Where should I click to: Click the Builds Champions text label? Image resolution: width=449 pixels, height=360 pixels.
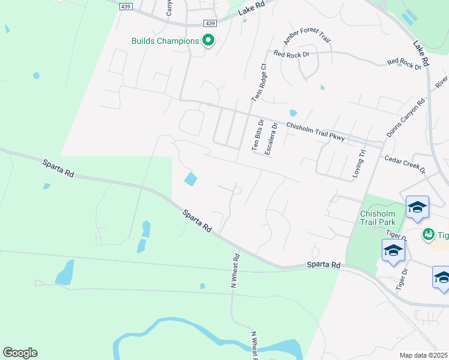[165, 41]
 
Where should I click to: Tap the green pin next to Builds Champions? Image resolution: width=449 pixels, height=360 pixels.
[208, 41]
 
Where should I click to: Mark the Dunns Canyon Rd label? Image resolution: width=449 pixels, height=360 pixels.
[406, 118]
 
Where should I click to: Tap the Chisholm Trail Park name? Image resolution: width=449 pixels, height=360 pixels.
[378, 218]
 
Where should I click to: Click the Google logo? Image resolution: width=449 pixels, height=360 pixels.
[20, 353]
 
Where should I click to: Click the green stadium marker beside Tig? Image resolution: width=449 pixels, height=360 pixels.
[429, 233]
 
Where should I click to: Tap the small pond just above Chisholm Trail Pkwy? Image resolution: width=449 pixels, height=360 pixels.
[293, 113]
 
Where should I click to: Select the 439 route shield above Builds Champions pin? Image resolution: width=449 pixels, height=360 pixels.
[209, 23]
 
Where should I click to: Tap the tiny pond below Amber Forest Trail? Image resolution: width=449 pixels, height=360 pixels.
[322, 87]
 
